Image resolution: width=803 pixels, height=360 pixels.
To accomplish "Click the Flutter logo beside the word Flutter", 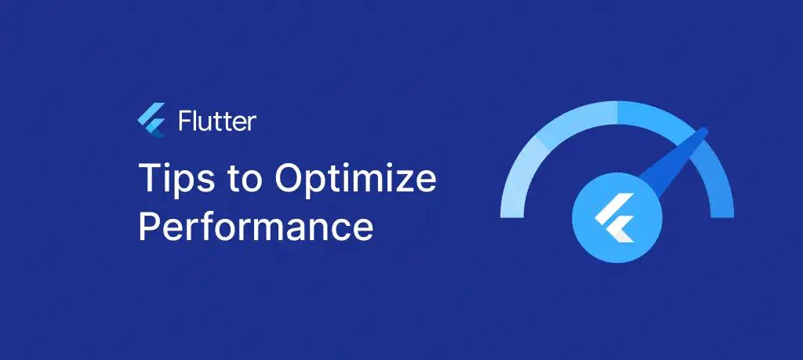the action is click(x=151, y=120).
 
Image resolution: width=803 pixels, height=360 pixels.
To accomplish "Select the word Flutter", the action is click(x=217, y=121).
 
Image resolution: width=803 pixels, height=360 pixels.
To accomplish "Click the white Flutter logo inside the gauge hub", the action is click(x=615, y=217).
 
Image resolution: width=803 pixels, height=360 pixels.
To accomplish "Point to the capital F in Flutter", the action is click(x=185, y=121).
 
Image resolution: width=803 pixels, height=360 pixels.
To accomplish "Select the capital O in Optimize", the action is click(x=290, y=178).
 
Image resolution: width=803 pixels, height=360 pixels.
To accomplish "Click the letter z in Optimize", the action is click(x=401, y=182).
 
